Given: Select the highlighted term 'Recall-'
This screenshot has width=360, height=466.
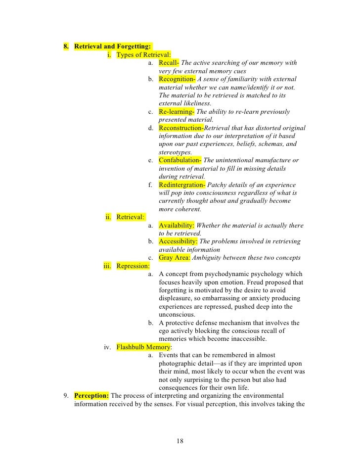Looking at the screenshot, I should pos(169,63).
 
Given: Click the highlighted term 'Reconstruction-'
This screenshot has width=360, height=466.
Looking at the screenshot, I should pos(181,128).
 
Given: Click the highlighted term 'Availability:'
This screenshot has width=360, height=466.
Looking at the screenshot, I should pos(177,226).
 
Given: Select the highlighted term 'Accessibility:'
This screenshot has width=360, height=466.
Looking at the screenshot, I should pos(178,241).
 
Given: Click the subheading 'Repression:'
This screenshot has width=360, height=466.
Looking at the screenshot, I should pos(133,266).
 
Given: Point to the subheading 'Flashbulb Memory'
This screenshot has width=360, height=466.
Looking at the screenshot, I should pos(143,347).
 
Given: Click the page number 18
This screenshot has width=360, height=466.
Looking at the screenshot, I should pos(180,441).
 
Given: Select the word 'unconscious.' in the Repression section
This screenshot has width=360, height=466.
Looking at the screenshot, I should pos(177,315).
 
